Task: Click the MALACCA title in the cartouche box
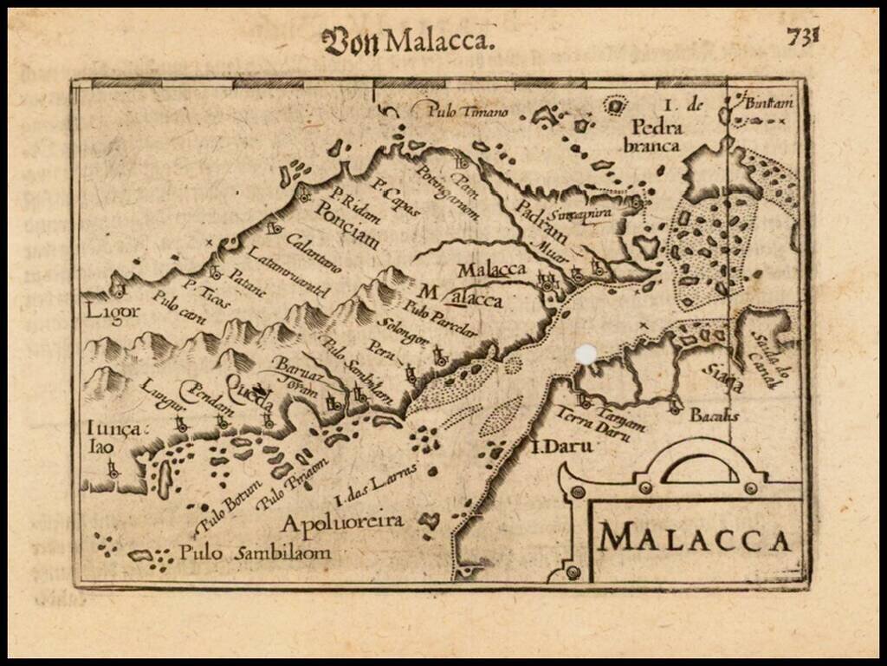[x=696, y=539]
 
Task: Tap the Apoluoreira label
[x=342, y=522]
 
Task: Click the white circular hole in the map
[x=586, y=354]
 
